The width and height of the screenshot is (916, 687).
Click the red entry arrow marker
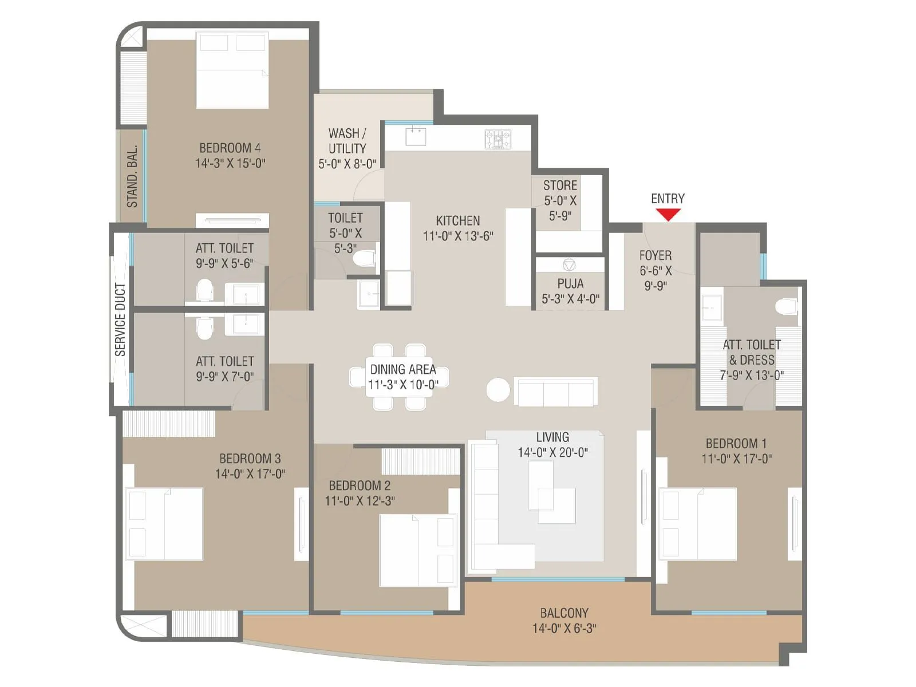(668, 215)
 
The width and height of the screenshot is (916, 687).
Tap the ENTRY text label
(668, 199)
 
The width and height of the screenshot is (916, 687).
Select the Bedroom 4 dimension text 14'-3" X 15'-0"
(230, 163)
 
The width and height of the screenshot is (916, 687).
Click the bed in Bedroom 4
(232, 70)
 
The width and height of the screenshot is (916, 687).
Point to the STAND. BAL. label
(132, 176)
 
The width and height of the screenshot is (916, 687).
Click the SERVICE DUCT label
(120, 319)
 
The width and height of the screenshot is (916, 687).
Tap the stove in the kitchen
(498, 139)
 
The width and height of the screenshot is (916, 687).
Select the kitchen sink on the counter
(416, 137)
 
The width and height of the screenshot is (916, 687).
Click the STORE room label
(560, 185)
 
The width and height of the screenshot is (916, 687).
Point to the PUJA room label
(570, 283)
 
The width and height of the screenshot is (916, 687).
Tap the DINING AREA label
(403, 369)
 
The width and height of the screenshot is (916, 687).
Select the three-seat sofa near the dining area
(555, 391)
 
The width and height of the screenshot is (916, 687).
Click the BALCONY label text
(564, 613)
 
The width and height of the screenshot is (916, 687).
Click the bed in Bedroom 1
(697, 524)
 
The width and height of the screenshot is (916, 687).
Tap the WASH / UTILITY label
(347, 141)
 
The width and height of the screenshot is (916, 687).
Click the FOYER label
(656, 255)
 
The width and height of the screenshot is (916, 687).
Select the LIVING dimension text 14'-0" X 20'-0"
(552, 452)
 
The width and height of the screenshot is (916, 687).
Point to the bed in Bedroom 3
(165, 524)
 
